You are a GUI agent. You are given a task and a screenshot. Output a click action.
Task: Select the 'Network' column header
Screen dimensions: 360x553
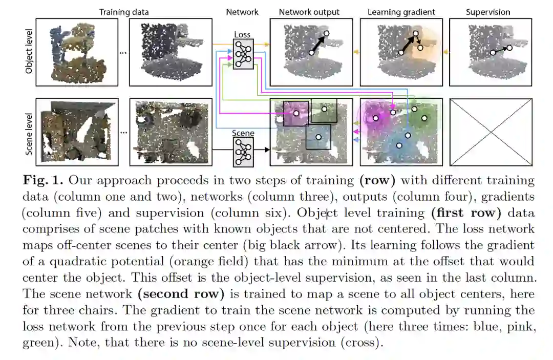242,12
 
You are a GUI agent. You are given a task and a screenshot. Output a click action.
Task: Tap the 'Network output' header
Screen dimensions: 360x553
309,12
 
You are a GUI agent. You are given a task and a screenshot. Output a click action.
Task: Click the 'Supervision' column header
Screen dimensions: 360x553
488,12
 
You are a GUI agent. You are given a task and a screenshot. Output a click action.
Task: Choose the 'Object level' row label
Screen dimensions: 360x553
29,52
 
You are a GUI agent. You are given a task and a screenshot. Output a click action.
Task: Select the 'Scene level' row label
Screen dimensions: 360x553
29,133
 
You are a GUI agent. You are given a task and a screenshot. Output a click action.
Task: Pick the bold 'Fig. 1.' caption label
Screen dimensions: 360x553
43,181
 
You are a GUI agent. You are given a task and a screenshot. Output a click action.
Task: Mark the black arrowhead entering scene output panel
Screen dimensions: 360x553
267,150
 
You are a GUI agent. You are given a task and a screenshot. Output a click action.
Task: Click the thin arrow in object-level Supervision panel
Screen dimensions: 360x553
501,50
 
